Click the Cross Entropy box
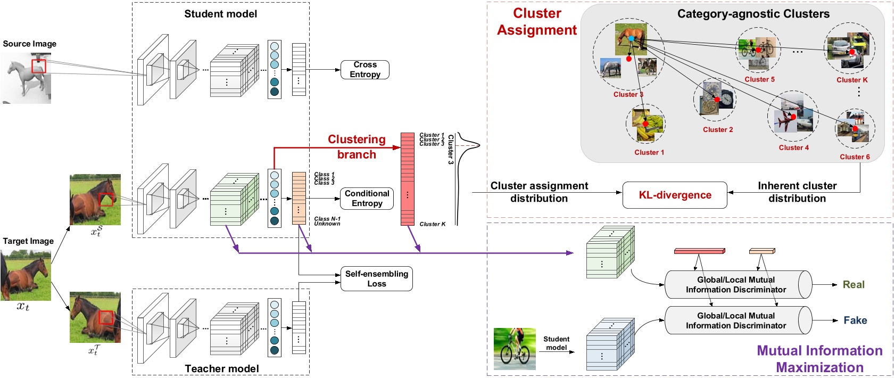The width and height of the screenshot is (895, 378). [365, 70]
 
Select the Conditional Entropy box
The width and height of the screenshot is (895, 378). [367, 199]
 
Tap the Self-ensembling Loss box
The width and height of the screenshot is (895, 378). [376, 279]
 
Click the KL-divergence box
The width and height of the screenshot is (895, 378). [675, 195]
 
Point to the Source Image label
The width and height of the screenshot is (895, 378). [30, 44]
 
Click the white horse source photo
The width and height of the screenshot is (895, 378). [26, 80]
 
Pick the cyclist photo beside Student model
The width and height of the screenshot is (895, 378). [515, 349]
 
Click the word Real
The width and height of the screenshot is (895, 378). [853, 285]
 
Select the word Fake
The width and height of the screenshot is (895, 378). [855, 321]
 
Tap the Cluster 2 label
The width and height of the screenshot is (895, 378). [718, 130]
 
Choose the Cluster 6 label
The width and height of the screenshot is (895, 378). [855, 157]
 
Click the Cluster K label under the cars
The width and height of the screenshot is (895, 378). [852, 80]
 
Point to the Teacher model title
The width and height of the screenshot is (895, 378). [222, 368]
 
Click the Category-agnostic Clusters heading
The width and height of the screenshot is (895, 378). [753, 14]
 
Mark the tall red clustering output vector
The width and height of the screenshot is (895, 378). [408, 179]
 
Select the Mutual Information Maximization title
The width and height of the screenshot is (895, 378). [819, 359]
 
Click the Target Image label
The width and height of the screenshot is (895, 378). [28, 241]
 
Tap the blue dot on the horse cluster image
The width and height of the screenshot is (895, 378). [631, 38]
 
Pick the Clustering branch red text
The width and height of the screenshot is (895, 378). [357, 147]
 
